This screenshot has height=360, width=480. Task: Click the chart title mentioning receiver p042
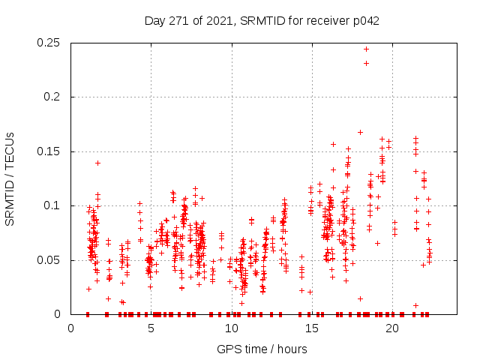262,20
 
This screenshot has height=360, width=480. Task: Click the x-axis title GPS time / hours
262,349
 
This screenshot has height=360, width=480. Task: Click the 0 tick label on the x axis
70,328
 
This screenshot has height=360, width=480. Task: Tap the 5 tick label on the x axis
151,328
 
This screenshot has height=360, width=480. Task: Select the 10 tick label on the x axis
231,328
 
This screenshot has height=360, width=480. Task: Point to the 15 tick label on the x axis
311,328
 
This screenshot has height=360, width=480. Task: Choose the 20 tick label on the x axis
391,328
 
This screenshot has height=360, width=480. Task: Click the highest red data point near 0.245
366,49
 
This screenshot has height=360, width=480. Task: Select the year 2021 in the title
219,20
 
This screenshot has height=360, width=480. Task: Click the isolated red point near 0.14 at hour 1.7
97,163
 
